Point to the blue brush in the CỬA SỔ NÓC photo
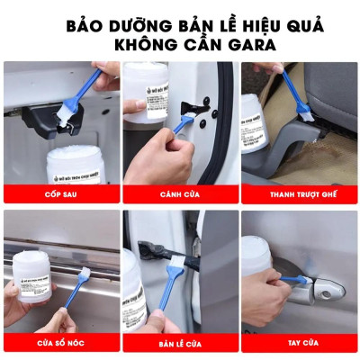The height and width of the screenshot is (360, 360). point(65,317)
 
